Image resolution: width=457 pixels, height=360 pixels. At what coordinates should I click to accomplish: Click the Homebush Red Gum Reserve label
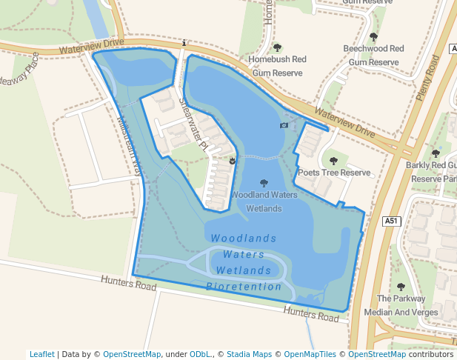[x=278, y=66]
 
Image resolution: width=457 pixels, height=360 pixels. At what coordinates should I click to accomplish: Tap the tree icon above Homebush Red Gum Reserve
[x=278, y=47]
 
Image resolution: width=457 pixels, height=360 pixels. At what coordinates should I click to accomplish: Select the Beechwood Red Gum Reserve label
[x=373, y=55]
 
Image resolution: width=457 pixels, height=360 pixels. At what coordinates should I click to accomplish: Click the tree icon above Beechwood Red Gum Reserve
[x=373, y=36]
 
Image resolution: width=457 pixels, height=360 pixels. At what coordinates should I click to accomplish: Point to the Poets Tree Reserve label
[x=333, y=173]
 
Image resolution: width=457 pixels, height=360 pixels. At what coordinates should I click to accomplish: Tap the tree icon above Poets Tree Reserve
[x=333, y=161]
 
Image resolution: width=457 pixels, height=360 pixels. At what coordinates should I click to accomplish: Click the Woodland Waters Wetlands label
[x=264, y=201]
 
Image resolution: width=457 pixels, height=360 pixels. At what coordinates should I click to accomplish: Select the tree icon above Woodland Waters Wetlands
[x=264, y=183]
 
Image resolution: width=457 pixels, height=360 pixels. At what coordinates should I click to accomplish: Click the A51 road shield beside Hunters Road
[x=392, y=221]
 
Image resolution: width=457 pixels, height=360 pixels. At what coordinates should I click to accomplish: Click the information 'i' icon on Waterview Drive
[x=184, y=44]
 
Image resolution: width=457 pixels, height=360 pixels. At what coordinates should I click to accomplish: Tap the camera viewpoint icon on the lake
[x=284, y=126]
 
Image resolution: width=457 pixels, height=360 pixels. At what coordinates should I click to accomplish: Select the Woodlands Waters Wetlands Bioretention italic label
[x=244, y=262]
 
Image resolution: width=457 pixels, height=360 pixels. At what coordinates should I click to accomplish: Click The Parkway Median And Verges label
[x=401, y=305]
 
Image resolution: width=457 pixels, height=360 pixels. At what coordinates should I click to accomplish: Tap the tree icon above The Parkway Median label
[x=401, y=287]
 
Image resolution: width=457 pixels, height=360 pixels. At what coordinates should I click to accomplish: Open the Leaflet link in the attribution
[x=41, y=354]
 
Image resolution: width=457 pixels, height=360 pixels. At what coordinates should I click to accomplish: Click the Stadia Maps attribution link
[x=251, y=354]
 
